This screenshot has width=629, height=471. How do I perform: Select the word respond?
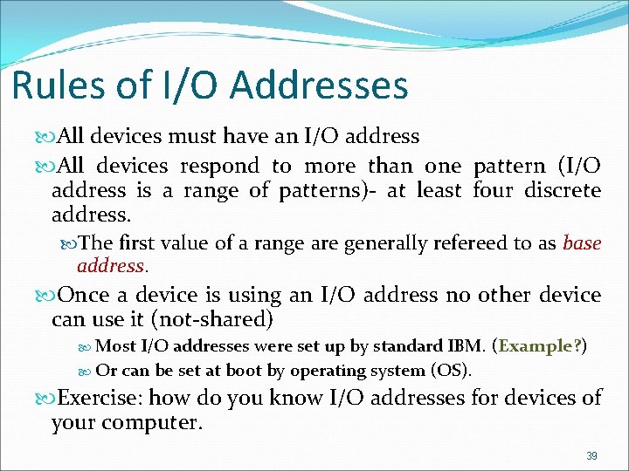[219, 166]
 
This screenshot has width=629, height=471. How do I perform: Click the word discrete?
[563, 190]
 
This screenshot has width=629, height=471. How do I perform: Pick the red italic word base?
[583, 242]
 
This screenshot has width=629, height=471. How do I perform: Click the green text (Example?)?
[540, 346]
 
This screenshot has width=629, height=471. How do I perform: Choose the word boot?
[245, 370]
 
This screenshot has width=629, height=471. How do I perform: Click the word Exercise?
[100, 399]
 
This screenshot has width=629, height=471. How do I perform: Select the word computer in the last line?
[158, 423]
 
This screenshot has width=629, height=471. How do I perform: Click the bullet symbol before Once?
[48, 296]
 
